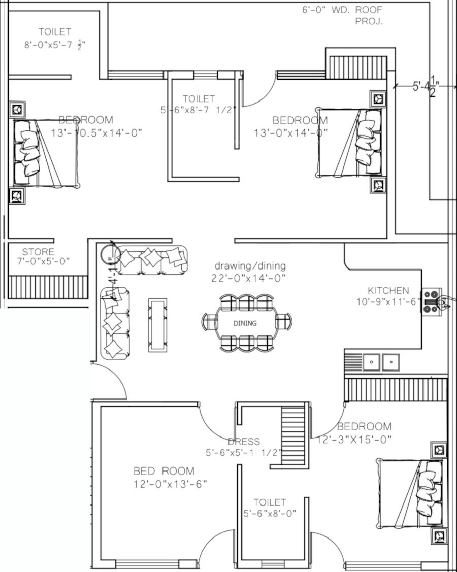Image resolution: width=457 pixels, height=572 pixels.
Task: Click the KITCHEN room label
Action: coord(388,291)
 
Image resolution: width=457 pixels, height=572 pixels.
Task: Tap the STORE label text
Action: coord(38,252)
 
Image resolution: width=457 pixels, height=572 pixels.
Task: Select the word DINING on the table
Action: coord(245,323)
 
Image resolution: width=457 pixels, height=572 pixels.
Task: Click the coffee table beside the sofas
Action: coord(158,325)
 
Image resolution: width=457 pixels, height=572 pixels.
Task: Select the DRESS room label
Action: coord(244,442)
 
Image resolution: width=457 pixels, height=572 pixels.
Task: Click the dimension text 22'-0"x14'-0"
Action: coord(248,278)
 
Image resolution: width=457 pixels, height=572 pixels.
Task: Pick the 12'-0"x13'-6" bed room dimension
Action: coord(170,484)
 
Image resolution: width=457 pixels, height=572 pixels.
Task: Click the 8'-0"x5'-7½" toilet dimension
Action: coord(54,45)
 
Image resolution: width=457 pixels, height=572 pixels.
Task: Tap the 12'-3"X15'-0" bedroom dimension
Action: coord(354,440)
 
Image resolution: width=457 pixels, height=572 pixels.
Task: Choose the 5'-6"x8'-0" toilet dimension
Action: coord(270,513)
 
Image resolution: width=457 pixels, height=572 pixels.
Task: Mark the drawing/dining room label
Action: coord(250,266)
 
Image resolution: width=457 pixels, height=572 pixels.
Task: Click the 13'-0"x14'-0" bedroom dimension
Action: coord(291,132)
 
